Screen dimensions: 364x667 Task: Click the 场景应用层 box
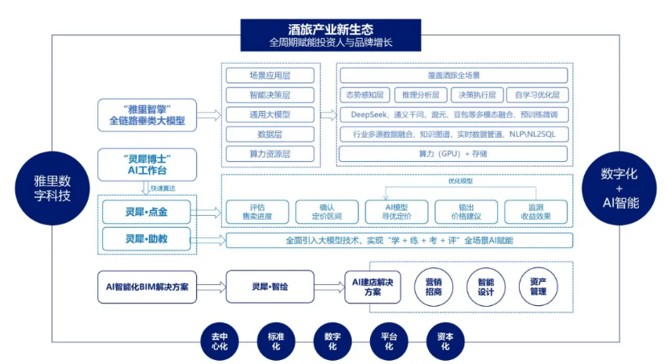(258, 76)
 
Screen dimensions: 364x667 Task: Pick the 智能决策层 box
(258, 95)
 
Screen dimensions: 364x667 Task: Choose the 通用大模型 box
(258, 114)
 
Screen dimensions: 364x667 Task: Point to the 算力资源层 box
(258, 153)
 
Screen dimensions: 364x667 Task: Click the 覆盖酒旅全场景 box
(453, 76)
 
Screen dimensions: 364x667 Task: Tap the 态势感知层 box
(365, 95)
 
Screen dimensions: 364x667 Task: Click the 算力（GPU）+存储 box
(453, 153)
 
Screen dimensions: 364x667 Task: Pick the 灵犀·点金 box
(146, 212)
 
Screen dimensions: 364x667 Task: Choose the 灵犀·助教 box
(146, 239)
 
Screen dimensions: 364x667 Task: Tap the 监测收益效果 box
(535, 212)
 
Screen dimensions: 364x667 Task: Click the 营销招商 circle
(433, 287)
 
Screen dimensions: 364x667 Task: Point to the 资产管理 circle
(538, 287)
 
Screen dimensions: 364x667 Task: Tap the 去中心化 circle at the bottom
(220, 341)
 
